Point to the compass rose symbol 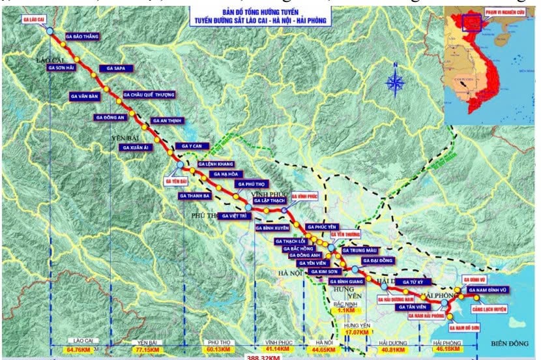395,83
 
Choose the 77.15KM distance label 149,350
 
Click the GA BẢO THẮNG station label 83,37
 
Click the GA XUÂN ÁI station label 136,147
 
